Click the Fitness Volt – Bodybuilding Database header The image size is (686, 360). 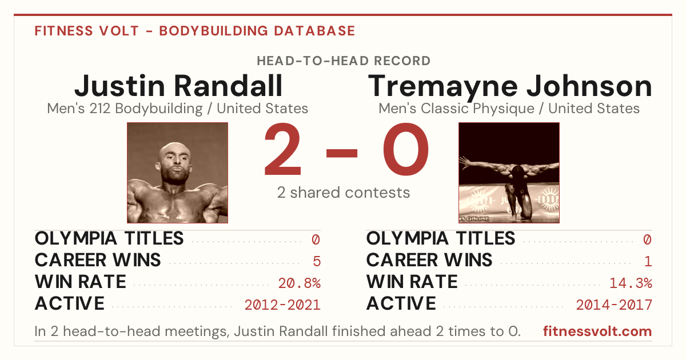pyautogui.click(x=195, y=31)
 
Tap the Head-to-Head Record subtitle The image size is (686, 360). pyautogui.click(x=344, y=61)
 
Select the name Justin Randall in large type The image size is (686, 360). pyautogui.click(x=178, y=86)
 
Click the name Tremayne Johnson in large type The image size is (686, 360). pyautogui.click(x=509, y=87)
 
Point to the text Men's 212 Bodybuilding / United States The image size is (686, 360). pyautogui.click(x=178, y=109)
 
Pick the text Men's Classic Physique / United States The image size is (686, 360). pyautogui.click(x=509, y=109)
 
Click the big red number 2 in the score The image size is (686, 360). pyautogui.click(x=282, y=149)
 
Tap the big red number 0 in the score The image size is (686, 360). pyautogui.click(x=406, y=149)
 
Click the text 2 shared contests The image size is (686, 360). pyautogui.click(x=344, y=193)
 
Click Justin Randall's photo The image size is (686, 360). pyautogui.click(x=178, y=173)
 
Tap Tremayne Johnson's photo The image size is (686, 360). pyautogui.click(x=509, y=173)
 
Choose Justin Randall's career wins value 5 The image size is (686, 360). pyautogui.click(x=317, y=261)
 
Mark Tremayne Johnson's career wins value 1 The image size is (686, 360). pyautogui.click(x=648, y=261)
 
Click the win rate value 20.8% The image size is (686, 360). pyautogui.click(x=299, y=283)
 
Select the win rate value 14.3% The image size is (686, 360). pyautogui.click(x=631, y=283)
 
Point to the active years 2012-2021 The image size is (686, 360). pyautogui.click(x=282, y=305)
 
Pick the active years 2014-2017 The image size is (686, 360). pyautogui.click(x=614, y=305)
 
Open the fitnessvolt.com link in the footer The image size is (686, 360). pyautogui.click(x=597, y=331)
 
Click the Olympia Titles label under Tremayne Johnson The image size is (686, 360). pyautogui.click(x=441, y=238)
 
